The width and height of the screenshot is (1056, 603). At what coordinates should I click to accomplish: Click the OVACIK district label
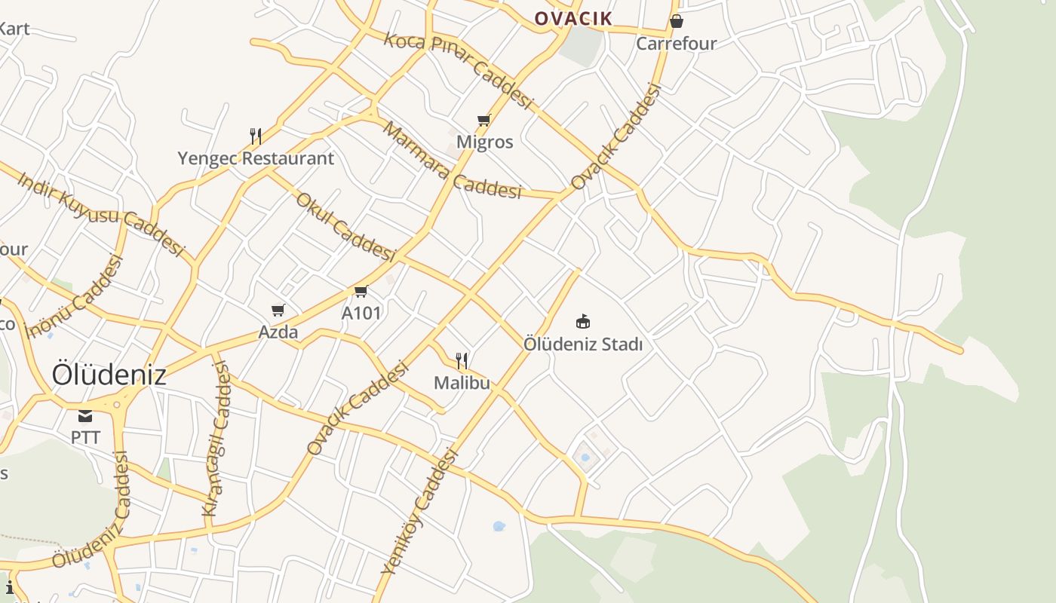[x=573, y=18]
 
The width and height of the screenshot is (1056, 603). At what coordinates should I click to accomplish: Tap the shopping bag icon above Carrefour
[x=677, y=21]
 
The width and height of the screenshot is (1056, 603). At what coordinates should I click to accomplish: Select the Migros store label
[x=484, y=142]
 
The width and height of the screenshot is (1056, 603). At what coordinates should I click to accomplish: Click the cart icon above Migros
[x=484, y=120]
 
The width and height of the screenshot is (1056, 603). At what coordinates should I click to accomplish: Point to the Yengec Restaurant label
[x=256, y=158]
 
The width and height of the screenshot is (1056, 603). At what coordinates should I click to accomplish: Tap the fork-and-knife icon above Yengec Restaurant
[x=256, y=136]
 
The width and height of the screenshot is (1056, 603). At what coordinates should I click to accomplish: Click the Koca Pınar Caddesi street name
[x=459, y=70]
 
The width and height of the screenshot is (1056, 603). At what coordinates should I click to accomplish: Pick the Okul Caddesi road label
[x=345, y=227]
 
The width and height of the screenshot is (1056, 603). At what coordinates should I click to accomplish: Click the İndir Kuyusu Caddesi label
[x=101, y=213]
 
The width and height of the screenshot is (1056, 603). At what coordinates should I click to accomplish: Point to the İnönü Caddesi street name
[x=73, y=297]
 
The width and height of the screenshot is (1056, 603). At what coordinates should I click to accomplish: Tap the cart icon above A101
[x=361, y=291]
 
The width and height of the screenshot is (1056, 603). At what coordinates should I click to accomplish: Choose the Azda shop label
[x=278, y=332]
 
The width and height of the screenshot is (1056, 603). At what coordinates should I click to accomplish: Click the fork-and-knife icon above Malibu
[x=462, y=361]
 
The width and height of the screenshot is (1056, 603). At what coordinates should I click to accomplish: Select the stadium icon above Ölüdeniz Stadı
[x=583, y=322]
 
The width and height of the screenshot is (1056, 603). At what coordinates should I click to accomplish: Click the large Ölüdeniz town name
[x=109, y=375]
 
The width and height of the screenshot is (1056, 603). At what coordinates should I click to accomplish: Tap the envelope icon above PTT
[x=85, y=416]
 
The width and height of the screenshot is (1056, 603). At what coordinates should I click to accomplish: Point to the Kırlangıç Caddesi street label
[x=216, y=439]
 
